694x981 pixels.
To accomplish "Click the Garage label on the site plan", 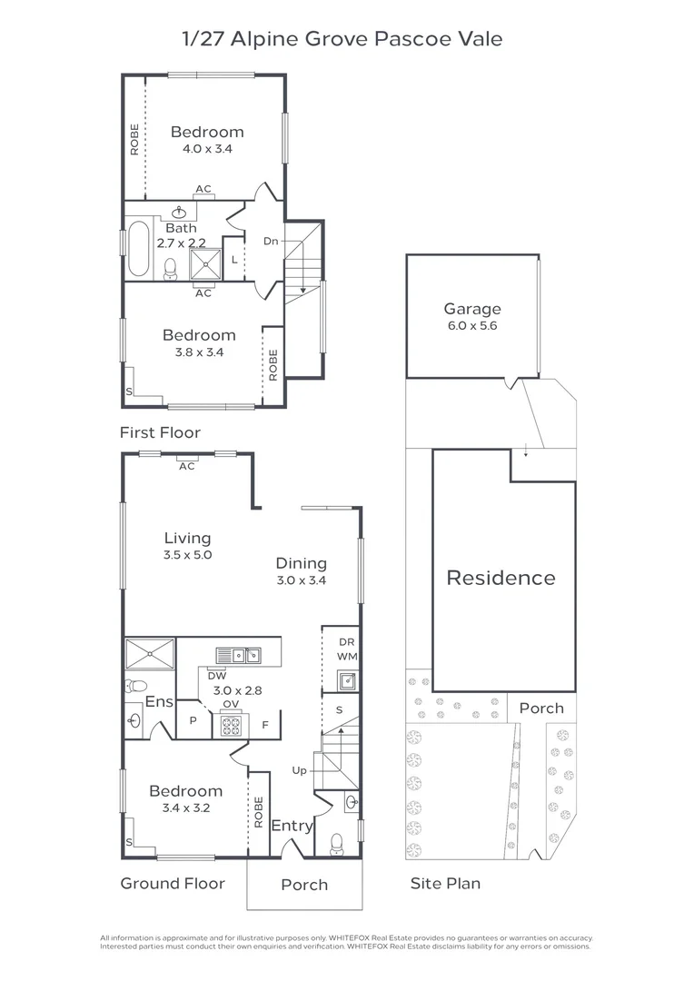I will click(471, 309).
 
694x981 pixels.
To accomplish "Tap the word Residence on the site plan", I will click(501, 578).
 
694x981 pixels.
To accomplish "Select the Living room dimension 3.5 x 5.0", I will click(187, 555).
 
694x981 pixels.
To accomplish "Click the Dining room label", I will click(301, 563).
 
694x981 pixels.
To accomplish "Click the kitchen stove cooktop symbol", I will click(230, 725).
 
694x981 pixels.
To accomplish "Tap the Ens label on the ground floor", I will click(158, 703).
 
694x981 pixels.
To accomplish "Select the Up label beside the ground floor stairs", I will click(299, 770).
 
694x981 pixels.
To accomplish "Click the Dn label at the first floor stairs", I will click(271, 241).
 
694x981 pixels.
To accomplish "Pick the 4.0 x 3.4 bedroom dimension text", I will click(207, 149).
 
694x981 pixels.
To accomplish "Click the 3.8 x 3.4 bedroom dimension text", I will click(198, 352).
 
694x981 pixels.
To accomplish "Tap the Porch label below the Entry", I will click(303, 885).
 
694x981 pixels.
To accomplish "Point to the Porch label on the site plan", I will click(541, 708).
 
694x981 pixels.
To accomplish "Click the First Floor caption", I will click(160, 432).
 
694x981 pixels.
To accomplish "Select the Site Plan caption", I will click(445, 883).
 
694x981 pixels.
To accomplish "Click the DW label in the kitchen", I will click(216, 675).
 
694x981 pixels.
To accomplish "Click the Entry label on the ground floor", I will click(292, 826).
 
